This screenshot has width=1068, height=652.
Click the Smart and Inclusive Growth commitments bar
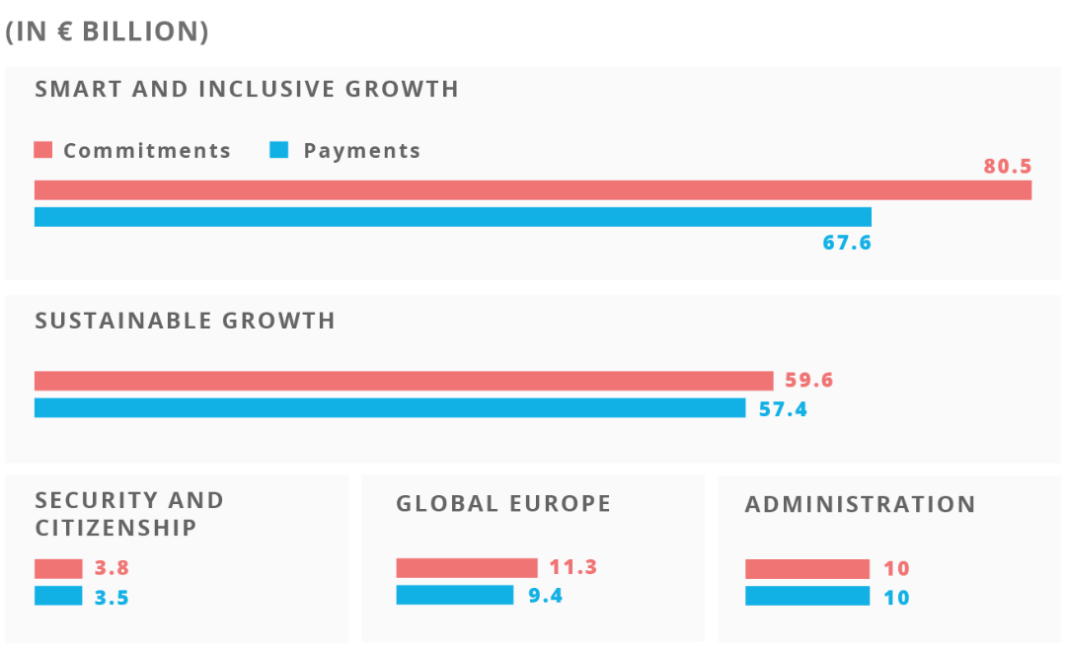click(533, 190)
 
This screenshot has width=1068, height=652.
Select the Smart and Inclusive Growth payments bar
click(453, 217)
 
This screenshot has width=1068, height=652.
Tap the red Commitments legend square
click(42, 150)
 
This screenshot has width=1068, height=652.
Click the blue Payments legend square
click(279, 150)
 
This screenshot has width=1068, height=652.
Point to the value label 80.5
click(1007, 166)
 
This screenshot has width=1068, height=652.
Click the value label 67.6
click(847, 242)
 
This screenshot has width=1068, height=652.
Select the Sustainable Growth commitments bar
click(404, 381)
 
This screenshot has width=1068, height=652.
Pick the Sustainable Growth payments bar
click(390, 407)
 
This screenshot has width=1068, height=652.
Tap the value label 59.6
click(809, 380)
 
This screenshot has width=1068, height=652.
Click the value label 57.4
click(783, 408)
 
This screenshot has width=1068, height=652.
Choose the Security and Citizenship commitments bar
click(58, 568)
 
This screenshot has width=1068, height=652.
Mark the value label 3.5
click(112, 598)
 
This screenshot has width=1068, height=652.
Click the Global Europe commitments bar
click(467, 567)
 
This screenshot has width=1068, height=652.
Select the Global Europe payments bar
click(455, 595)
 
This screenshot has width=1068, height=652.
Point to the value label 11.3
click(573, 567)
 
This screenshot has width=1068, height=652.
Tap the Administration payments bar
click(807, 596)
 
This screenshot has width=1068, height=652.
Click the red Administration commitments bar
click(807, 569)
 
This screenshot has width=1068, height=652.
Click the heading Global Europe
click(503, 503)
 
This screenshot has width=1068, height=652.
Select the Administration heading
click(860, 504)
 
